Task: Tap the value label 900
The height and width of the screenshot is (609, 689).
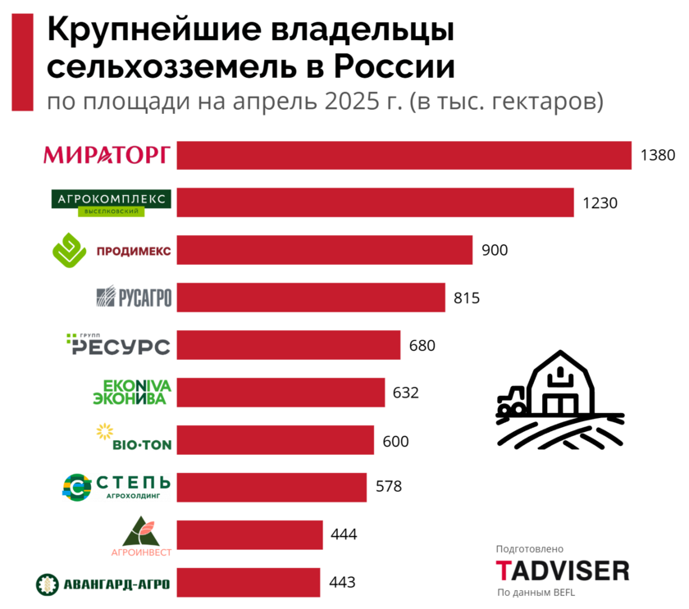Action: (495, 250)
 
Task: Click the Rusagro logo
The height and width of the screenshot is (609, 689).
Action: (134, 297)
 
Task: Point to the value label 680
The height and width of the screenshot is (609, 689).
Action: (422, 345)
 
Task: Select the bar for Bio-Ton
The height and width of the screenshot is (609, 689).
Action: (275, 439)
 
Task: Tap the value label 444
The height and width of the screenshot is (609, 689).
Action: (344, 534)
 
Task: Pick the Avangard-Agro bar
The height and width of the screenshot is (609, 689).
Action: (248, 582)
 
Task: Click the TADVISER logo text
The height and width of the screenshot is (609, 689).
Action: (563, 570)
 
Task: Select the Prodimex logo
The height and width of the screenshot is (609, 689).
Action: (112, 250)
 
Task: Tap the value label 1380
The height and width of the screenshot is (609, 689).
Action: (657, 155)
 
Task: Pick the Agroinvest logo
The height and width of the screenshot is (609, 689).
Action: (141, 536)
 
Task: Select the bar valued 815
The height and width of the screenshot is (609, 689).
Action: (311, 298)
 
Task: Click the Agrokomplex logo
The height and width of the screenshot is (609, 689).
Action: (111, 202)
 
